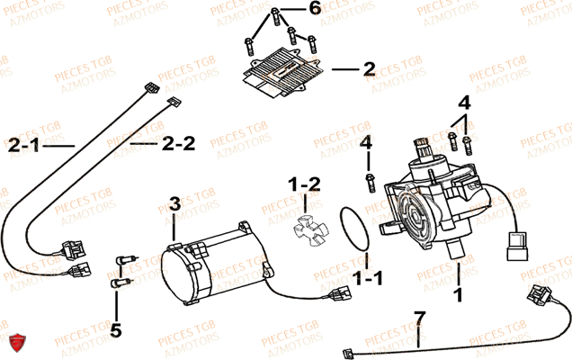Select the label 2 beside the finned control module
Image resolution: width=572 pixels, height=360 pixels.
point(368,68)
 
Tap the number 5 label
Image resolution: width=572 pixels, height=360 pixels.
point(115,328)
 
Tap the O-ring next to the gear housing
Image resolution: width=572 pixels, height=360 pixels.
point(357,230)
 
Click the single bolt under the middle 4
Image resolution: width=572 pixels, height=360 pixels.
point(368,183)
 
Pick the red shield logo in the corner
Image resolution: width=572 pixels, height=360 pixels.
point(15,342)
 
